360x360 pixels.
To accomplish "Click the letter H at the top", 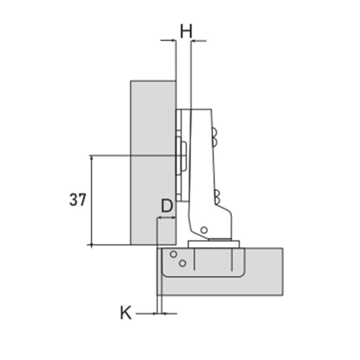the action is (x=186, y=31).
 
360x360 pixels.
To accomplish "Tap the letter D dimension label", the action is (x=167, y=206).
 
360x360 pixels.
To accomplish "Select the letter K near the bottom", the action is (x=126, y=313).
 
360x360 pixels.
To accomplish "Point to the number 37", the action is (x=78, y=200).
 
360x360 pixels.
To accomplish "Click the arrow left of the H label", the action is (x=168, y=41).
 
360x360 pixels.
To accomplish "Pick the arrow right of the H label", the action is (x=199, y=41).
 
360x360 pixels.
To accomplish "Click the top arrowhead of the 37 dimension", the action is (x=92, y=157).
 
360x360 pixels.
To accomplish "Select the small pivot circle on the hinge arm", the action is (x=204, y=230).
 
